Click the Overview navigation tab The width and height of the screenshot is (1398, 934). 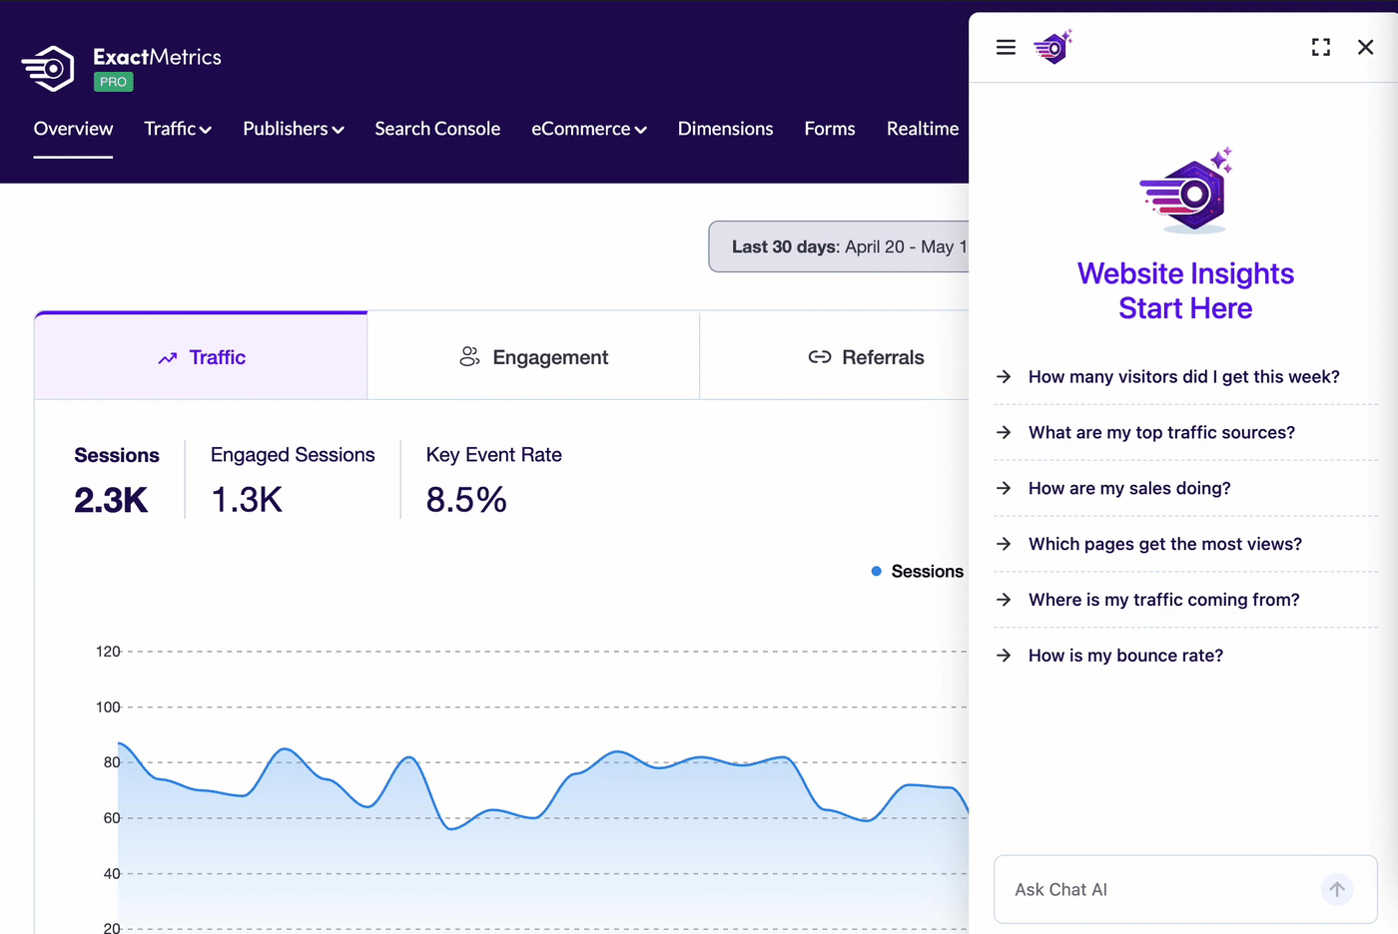click(73, 129)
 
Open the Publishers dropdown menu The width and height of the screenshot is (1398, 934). click(294, 129)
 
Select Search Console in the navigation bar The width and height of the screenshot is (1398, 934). click(437, 129)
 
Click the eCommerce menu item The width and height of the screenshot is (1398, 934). click(588, 129)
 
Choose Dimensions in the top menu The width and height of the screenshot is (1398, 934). click(725, 129)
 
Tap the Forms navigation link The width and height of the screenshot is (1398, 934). click(830, 129)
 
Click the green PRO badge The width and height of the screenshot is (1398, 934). click(114, 82)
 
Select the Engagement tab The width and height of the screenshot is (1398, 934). click(533, 356)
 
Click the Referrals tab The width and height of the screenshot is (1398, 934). click(866, 356)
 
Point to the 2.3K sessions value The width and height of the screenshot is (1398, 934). click(111, 499)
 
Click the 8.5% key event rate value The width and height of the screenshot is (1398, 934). click(466, 499)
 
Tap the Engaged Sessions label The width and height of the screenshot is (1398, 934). click(293, 455)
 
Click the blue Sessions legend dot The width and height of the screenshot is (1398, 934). click(877, 571)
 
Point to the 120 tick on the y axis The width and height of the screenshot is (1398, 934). click(108, 652)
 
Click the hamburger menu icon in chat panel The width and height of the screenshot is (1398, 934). click(1006, 47)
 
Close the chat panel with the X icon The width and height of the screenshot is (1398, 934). click(1366, 47)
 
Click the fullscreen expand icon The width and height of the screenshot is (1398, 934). click(1320, 47)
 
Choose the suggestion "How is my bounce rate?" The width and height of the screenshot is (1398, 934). click(1125, 656)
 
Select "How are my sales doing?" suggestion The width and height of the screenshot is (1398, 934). click(1129, 488)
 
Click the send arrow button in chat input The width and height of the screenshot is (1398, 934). click(1337, 889)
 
